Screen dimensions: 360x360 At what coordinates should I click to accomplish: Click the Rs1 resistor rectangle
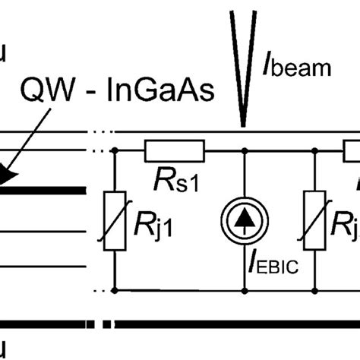point(174,152)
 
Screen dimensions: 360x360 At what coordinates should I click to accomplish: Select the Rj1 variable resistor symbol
point(114,221)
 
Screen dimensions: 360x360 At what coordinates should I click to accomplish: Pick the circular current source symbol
point(244,221)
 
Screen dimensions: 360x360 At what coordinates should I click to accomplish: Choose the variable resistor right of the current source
point(316,221)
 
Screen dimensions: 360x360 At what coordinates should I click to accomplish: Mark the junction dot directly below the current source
point(244,289)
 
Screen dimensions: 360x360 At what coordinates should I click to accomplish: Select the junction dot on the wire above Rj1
point(114,152)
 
